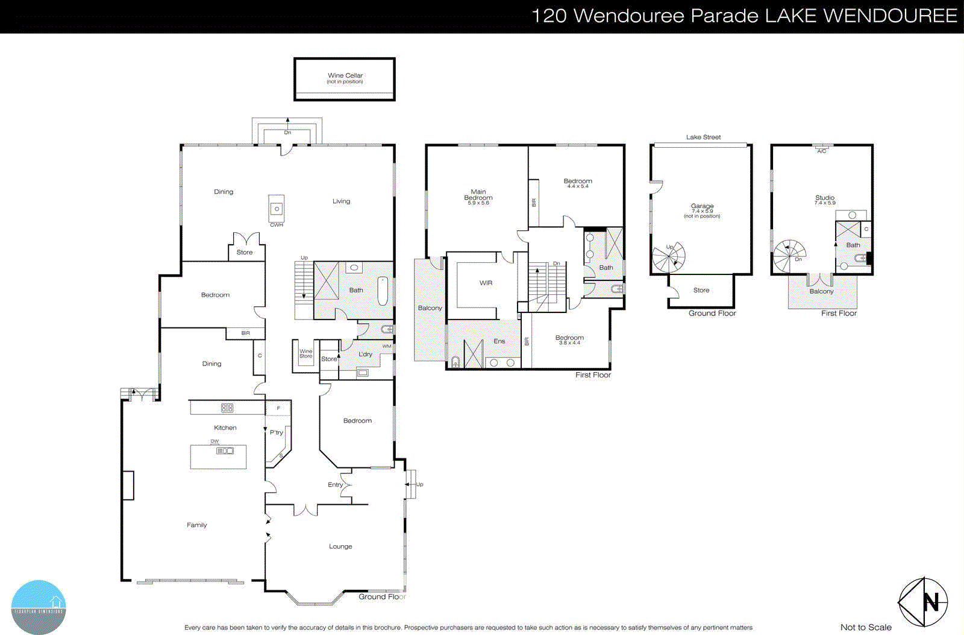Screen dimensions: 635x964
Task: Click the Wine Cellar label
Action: point(345,76)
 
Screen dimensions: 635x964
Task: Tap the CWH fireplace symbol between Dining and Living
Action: point(277,209)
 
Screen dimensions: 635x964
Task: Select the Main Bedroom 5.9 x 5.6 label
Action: point(478,197)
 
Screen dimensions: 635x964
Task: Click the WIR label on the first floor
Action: point(486,283)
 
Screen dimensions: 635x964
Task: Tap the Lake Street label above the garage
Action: point(703,137)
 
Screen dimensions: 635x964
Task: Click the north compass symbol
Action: point(923,602)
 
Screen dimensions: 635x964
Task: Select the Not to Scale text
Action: point(866,627)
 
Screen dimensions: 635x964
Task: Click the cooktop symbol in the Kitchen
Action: point(227,408)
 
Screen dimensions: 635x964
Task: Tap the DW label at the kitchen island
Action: point(214,441)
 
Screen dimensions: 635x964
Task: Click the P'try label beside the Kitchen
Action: point(277,432)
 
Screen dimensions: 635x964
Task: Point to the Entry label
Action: point(335,484)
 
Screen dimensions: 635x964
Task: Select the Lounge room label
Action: point(340,546)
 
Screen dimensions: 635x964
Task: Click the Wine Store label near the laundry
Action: point(306,353)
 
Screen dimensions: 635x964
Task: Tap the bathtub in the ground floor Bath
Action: point(383,291)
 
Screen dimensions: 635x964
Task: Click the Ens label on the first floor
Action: point(499,341)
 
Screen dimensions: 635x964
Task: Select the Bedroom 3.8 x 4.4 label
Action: point(569,340)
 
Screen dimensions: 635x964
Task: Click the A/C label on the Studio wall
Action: point(822,151)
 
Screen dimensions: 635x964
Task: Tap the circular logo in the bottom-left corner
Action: point(39,607)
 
